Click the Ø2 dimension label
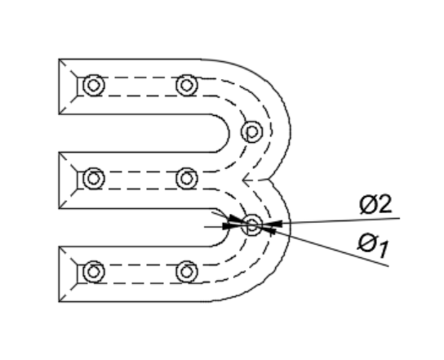coord(375,204)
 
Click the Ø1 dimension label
coord(373,245)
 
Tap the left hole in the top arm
coord(94,85)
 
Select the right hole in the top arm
coord(187,85)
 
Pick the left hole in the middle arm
coord(94,179)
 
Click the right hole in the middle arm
coord(187,179)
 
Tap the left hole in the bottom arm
coord(94,272)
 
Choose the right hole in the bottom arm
coord(187,272)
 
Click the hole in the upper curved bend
coord(251,131)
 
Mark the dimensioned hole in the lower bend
coord(251,225)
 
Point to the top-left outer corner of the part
coord(59,60)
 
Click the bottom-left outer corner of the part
coord(59,302)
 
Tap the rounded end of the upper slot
coord(229,133)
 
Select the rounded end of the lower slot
coord(229,228)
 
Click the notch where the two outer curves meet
coord(269,180)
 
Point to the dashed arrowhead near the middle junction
coord(246,180)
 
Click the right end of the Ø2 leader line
coord(400,218)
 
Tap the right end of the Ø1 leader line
coord(388,266)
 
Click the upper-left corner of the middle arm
coord(59,153)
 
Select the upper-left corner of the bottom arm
coord(59,247)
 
